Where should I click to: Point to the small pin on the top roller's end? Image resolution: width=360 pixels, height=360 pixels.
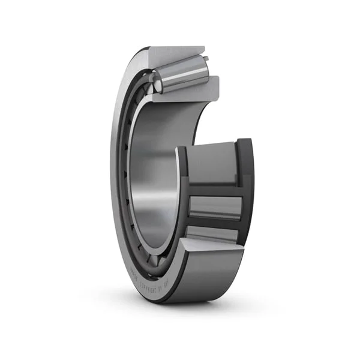coord(206,59)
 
